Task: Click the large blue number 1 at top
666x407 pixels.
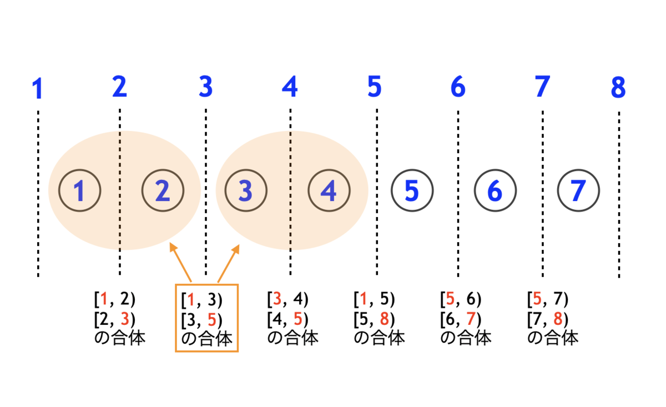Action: click(38, 89)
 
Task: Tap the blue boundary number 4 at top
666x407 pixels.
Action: click(290, 86)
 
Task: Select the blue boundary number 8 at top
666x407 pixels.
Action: click(618, 88)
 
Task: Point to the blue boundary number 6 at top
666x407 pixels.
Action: click(458, 86)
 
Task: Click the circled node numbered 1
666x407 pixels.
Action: click(79, 191)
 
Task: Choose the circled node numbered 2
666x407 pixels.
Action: click(163, 191)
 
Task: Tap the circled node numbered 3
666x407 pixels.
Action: click(246, 191)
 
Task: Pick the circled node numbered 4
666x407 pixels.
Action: click(329, 191)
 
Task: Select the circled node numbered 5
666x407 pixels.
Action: click(412, 191)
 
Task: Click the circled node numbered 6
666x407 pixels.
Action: click(495, 191)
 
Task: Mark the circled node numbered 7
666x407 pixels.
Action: click(578, 191)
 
